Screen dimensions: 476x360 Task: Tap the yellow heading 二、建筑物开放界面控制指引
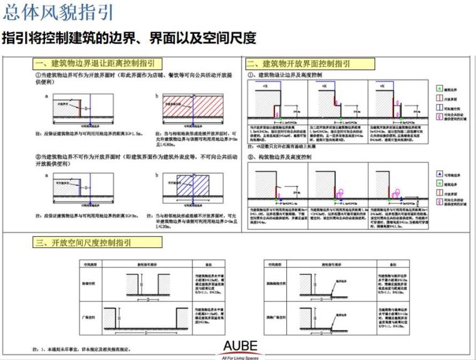pyautogui.click(x=310, y=63)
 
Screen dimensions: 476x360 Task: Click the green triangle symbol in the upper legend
pyautogui.click(x=438, y=89)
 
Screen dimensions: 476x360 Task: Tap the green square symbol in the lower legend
pyautogui.click(x=438, y=183)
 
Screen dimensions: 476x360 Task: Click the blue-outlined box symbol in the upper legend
pyautogui.click(x=438, y=108)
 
